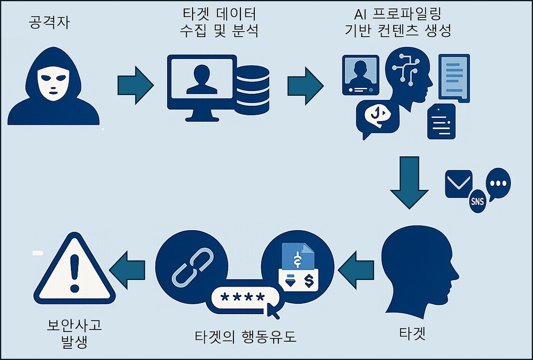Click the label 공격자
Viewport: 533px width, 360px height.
tap(49, 22)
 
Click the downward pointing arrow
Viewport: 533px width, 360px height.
tap(409, 182)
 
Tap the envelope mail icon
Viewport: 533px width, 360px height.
tap(458, 183)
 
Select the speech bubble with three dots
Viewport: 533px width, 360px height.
tap(498, 182)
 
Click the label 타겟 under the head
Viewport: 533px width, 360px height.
tap(412, 334)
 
